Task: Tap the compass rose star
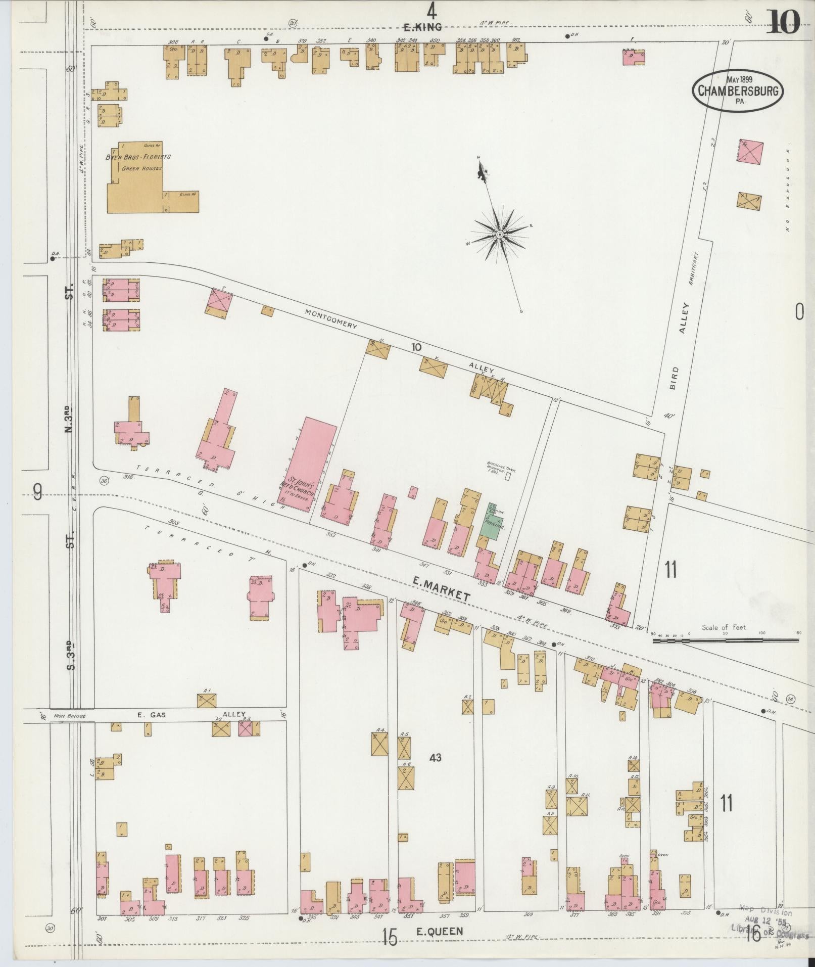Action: [499, 234]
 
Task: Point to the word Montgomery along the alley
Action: [330, 319]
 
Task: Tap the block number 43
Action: [436, 771]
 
